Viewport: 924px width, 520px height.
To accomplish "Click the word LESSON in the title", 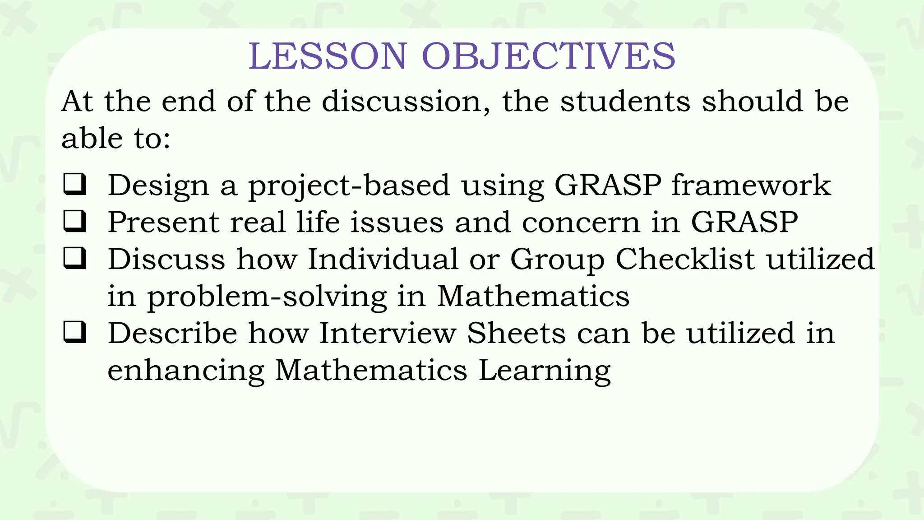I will tap(328, 56).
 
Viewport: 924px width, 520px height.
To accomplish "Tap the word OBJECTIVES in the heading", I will tap(548, 56).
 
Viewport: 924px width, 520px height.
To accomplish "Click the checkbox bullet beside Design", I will tap(74, 185).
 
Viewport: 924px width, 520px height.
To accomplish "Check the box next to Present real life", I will tap(74, 222).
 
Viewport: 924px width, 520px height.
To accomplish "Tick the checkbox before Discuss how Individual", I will tap(74, 259).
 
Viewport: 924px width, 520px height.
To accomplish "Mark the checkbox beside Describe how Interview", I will tap(74, 333).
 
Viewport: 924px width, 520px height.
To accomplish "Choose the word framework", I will tap(751, 185).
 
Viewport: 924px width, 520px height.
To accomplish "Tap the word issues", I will tap(397, 222).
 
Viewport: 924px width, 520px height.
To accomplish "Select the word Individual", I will tap(383, 259).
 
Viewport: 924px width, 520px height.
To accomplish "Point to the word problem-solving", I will tap(267, 297).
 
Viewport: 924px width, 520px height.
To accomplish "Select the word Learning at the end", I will tap(544, 371).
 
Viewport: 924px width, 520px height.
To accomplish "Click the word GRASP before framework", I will tap(608, 185).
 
